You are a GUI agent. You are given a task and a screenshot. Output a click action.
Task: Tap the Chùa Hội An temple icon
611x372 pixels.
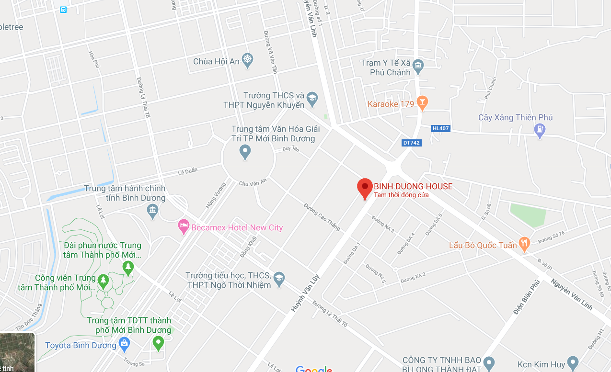pos(247,61)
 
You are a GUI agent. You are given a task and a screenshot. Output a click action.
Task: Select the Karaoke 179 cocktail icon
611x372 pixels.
pos(422,102)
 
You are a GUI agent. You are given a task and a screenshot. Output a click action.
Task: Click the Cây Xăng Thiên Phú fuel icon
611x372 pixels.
pos(540,129)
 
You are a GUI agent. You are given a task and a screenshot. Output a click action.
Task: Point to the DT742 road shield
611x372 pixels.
pos(412,143)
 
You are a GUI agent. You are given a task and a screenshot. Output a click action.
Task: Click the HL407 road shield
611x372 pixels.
pos(441,128)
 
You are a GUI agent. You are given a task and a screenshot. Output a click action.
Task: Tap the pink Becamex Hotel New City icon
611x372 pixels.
pos(183,226)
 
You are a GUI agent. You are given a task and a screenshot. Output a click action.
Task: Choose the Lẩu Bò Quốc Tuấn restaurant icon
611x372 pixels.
pos(525,244)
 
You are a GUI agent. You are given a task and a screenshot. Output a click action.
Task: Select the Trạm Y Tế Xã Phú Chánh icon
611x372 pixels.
pos(418,66)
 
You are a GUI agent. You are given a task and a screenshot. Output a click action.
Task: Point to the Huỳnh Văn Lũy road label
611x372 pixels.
pos(305,293)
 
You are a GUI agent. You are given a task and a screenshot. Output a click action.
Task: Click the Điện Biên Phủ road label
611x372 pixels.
pos(526,298)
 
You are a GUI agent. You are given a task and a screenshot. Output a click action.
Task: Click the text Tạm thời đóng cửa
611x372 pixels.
pos(401,195)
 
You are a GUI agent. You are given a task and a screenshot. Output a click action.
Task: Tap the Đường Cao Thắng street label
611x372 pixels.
pos(322,217)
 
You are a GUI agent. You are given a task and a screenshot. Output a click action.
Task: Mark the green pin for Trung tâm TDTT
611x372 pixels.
pos(158,342)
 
